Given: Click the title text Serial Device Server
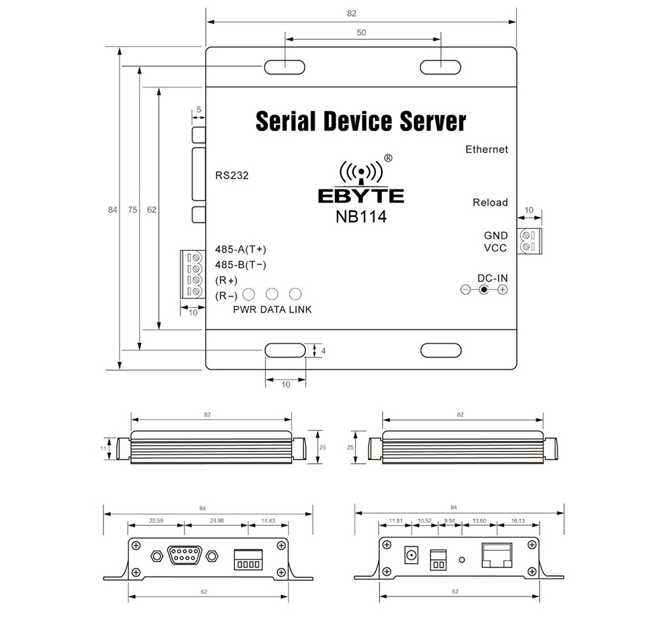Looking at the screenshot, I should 360,122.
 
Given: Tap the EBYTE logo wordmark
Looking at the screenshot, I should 361,196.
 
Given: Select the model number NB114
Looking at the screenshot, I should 361,217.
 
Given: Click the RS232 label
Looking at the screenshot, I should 232,175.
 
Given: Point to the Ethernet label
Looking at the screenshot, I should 487,150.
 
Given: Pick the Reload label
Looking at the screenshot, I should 490,203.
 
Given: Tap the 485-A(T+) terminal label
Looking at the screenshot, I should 241,250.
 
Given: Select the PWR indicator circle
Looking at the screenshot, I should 250,295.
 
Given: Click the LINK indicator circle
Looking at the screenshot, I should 295,295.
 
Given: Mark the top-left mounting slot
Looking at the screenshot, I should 285,67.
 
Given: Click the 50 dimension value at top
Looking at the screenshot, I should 361,32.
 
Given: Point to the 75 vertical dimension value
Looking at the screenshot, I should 132,209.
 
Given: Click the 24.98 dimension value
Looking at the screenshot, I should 216,521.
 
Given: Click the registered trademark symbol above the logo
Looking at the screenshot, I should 389,158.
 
